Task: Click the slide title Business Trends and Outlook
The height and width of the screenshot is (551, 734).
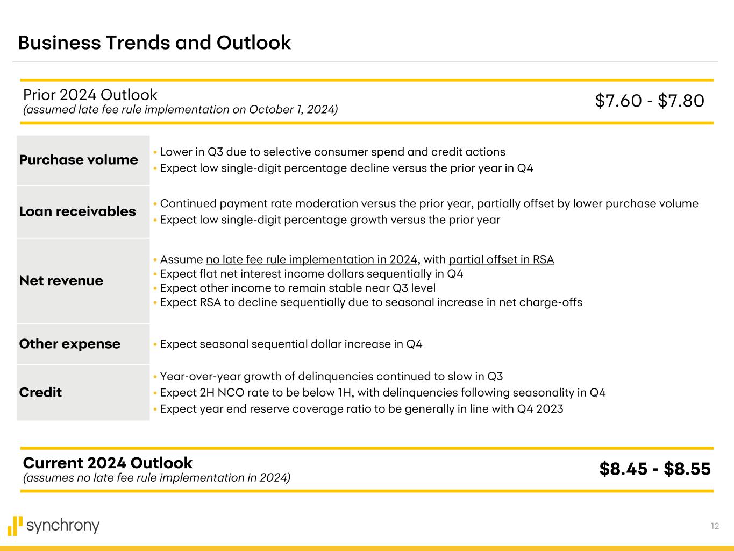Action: coord(154,43)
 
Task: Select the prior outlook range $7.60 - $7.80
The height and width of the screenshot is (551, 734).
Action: coord(649,101)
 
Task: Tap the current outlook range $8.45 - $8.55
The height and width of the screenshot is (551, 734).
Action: coord(654,469)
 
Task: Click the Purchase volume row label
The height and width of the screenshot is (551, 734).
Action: coord(79,160)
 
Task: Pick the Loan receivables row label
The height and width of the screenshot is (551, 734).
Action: coord(77,211)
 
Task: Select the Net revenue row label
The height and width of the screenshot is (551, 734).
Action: coord(61,280)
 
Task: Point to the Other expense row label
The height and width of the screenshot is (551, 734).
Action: coord(69,344)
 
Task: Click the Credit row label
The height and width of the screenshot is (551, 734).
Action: coord(40,392)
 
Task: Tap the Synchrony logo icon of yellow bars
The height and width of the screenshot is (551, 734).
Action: coord(15,526)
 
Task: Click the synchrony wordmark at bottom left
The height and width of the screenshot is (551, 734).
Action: coord(63,526)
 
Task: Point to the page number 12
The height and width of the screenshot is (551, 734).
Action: coord(715,526)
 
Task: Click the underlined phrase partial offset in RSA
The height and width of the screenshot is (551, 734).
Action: coord(501,259)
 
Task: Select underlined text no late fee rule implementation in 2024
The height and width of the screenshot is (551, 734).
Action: coord(311,259)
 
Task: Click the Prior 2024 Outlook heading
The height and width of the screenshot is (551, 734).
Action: coord(90,95)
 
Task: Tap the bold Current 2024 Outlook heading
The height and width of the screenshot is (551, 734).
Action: coord(108,463)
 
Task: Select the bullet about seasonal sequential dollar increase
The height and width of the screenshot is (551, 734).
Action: coord(291,344)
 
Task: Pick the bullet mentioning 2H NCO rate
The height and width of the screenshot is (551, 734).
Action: coord(382,392)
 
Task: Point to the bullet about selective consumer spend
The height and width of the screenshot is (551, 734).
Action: coord(332,152)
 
